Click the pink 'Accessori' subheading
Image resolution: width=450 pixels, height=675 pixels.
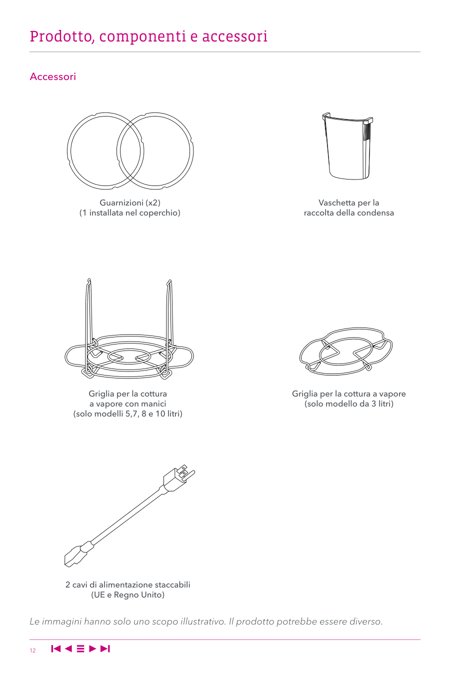(52, 76)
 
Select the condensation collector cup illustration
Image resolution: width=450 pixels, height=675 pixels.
(347, 146)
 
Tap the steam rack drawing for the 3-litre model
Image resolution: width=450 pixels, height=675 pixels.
(346, 351)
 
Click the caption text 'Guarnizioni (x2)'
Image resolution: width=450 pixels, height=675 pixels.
(130, 203)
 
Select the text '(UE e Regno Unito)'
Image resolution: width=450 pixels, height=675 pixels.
(128, 594)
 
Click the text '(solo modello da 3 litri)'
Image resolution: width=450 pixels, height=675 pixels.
(349, 403)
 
